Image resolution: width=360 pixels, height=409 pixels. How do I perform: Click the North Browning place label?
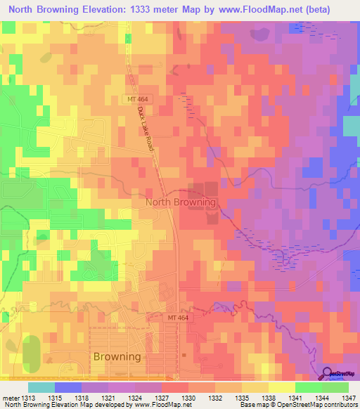(180, 202)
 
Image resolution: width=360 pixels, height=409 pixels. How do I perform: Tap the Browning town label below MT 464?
(117, 356)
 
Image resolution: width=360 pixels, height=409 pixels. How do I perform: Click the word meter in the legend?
(11, 398)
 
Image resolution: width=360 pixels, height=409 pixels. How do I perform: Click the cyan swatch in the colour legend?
(41, 387)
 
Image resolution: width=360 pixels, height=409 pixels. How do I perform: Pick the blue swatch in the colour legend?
(68, 387)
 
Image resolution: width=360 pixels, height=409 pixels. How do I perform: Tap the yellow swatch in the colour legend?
(281, 387)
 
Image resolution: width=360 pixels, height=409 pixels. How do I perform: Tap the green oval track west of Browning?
(31, 354)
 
